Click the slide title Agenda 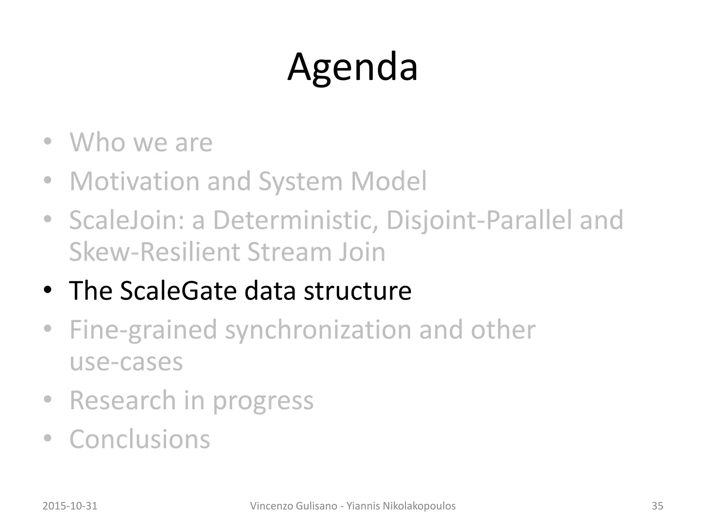pyautogui.click(x=352, y=67)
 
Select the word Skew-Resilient pyautogui.click(x=154, y=252)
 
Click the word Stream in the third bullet pyautogui.click(x=288, y=252)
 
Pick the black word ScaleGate pyautogui.click(x=178, y=291)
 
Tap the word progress pyautogui.click(x=263, y=401)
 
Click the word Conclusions pyautogui.click(x=140, y=439)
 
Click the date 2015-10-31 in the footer pyautogui.click(x=70, y=506)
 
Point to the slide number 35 pyautogui.click(x=657, y=506)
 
